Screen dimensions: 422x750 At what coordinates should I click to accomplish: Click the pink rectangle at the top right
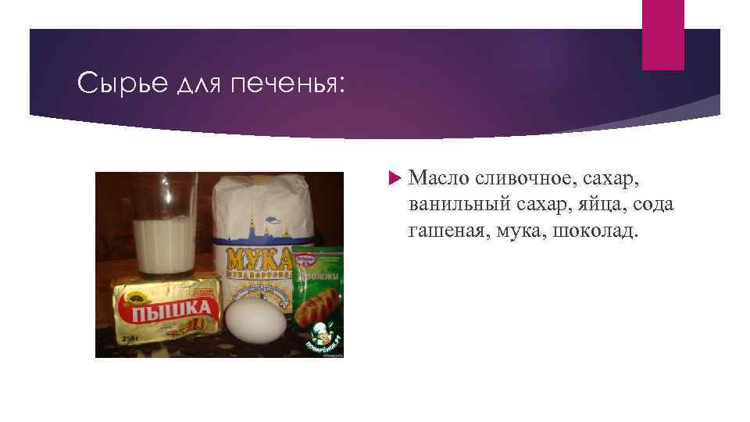pos(662,34)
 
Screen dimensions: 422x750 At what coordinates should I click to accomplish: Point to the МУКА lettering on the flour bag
pos(259,259)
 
